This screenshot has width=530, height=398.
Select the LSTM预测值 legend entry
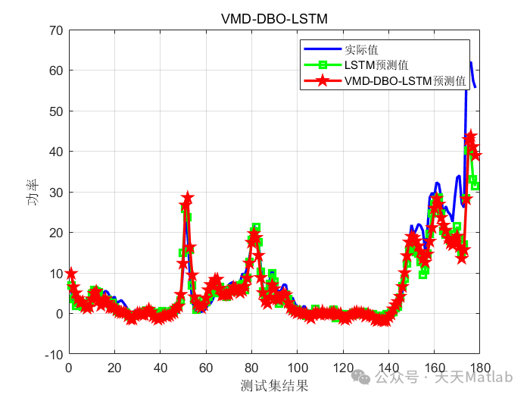click(376, 65)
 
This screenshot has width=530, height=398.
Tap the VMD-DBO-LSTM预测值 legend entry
click(405, 81)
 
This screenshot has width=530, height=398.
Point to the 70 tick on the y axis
click(57, 30)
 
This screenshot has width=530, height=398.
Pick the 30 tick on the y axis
click(57, 193)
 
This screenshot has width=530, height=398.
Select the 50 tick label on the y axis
click(57, 111)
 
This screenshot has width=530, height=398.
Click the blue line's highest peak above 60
click(470, 63)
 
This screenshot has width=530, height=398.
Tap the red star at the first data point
click(71, 274)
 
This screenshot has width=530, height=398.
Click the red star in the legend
click(323, 81)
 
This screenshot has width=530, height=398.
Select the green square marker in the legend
click(323, 65)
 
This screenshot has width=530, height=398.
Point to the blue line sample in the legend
click(323, 50)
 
